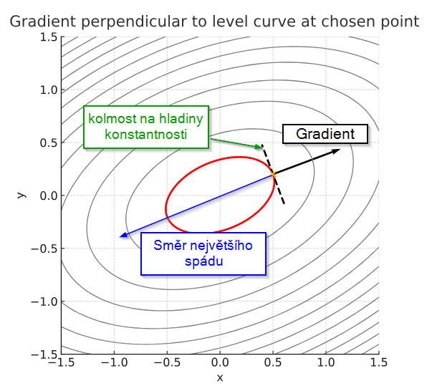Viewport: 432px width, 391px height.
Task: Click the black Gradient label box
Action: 325,134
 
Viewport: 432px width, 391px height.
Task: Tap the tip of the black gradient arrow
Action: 340,149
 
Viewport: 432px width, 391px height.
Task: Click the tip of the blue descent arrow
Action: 120,236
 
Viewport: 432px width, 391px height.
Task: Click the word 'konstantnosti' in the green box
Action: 146,135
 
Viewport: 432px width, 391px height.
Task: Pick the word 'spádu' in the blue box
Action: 203,261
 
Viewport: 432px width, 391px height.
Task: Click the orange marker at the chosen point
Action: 273,174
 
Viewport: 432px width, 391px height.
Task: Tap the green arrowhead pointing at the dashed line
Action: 259,147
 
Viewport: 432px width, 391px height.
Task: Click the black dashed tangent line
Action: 273,174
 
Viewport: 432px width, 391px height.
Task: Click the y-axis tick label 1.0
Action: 49,90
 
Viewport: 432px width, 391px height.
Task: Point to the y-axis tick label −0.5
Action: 44,248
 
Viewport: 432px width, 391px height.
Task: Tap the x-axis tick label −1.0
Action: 115,362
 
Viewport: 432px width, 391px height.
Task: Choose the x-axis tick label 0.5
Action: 273,362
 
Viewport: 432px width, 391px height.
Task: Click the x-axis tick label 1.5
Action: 379,362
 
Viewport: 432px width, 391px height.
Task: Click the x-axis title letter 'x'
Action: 220,378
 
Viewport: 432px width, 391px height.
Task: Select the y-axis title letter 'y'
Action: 21,195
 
